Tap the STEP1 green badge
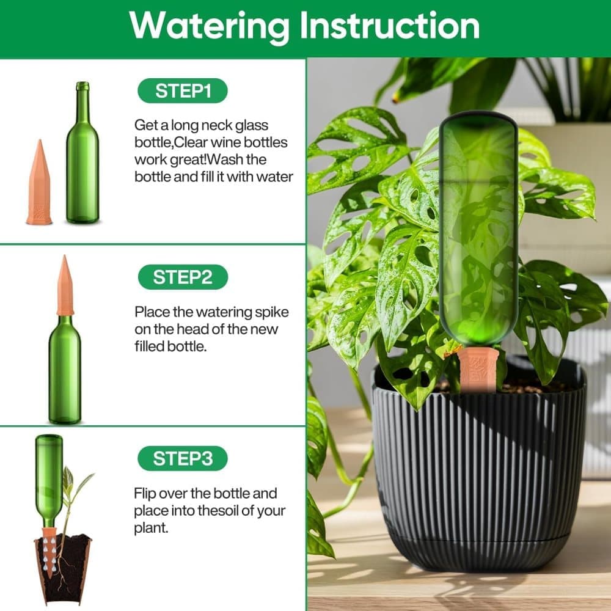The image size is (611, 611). [x=183, y=91]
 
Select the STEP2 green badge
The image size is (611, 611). [x=183, y=277]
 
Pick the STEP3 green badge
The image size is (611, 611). [x=183, y=459]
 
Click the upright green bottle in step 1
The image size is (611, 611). [x=82, y=153]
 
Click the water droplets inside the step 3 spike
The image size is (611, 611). [x=49, y=554]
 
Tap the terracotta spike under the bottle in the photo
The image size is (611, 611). [x=478, y=368]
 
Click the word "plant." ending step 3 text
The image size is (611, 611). [x=151, y=529]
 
